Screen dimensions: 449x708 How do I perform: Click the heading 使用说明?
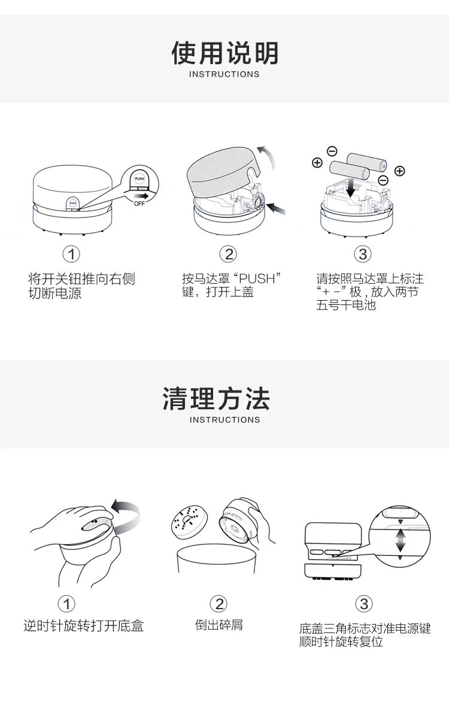click(224, 53)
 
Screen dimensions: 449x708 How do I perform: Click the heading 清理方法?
click(217, 399)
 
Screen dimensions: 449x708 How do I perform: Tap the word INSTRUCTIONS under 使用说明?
click(224, 74)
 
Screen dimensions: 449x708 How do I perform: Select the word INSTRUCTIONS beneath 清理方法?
click(224, 419)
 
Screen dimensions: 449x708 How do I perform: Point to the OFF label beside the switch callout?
click(139, 204)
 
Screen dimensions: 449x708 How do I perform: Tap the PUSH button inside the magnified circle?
click(139, 179)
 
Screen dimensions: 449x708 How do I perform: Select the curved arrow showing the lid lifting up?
click(267, 158)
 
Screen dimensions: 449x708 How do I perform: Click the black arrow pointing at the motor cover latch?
click(276, 208)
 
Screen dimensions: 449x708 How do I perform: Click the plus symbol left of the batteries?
click(317, 162)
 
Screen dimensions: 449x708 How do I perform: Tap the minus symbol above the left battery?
click(332, 151)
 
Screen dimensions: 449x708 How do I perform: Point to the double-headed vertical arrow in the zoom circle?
click(401, 540)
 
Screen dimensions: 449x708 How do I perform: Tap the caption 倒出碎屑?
click(219, 625)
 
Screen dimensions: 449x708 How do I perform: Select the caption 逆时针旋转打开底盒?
click(83, 626)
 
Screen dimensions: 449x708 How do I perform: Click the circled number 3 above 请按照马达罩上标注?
click(363, 254)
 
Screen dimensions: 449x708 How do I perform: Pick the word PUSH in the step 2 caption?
click(257, 279)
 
